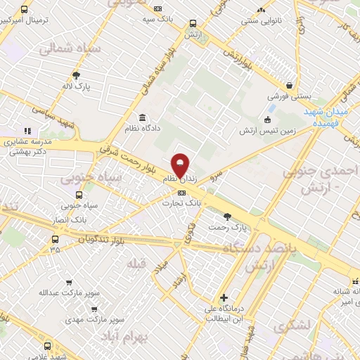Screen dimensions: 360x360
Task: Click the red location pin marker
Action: pos(181,166)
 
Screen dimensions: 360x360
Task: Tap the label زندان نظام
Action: pos(181,181)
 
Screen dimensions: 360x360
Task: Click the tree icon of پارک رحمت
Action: pos(226,217)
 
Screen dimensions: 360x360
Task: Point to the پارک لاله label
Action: pos(76,86)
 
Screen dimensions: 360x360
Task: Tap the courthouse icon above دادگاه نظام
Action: pos(143,117)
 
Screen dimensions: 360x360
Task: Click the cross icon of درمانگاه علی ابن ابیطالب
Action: pos(224,297)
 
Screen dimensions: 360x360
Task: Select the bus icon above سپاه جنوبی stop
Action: pos(78,195)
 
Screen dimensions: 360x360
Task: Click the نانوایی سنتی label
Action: pos(261,21)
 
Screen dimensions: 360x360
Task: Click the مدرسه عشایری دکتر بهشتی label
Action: pos(24,146)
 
